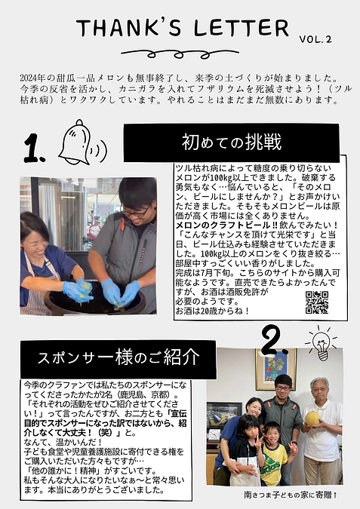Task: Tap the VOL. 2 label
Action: (x=315, y=38)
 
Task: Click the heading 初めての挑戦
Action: (x=231, y=142)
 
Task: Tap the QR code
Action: (x=317, y=302)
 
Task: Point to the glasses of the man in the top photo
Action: (x=135, y=212)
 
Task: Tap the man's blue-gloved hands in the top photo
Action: (x=121, y=291)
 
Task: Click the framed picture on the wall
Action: (x=271, y=369)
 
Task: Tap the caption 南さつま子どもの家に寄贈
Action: (x=290, y=496)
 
